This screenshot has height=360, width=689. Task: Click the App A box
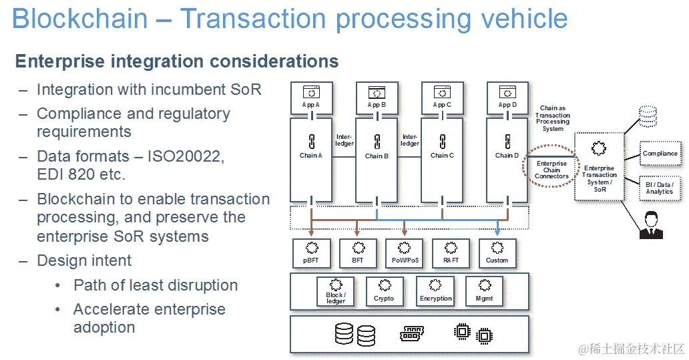(x=310, y=98)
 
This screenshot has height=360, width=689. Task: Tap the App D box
(x=507, y=98)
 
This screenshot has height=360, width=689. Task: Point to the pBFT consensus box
(x=310, y=252)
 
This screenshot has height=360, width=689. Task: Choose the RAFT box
(x=451, y=252)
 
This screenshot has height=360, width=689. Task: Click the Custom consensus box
(x=497, y=252)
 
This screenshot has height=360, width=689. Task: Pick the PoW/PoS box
(x=404, y=252)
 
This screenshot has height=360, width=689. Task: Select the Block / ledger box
(x=335, y=291)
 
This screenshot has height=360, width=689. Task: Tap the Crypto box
(x=384, y=291)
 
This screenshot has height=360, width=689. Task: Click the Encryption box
(x=436, y=291)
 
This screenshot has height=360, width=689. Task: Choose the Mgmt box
(x=484, y=291)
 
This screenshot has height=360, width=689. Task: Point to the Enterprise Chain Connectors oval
(x=551, y=169)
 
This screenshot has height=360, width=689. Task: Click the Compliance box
(x=660, y=154)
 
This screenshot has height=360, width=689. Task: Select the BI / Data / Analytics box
(x=660, y=188)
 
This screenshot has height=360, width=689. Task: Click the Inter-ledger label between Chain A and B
(x=344, y=140)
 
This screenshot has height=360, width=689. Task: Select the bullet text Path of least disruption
(x=156, y=285)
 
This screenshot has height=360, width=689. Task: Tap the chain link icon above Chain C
(x=441, y=142)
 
